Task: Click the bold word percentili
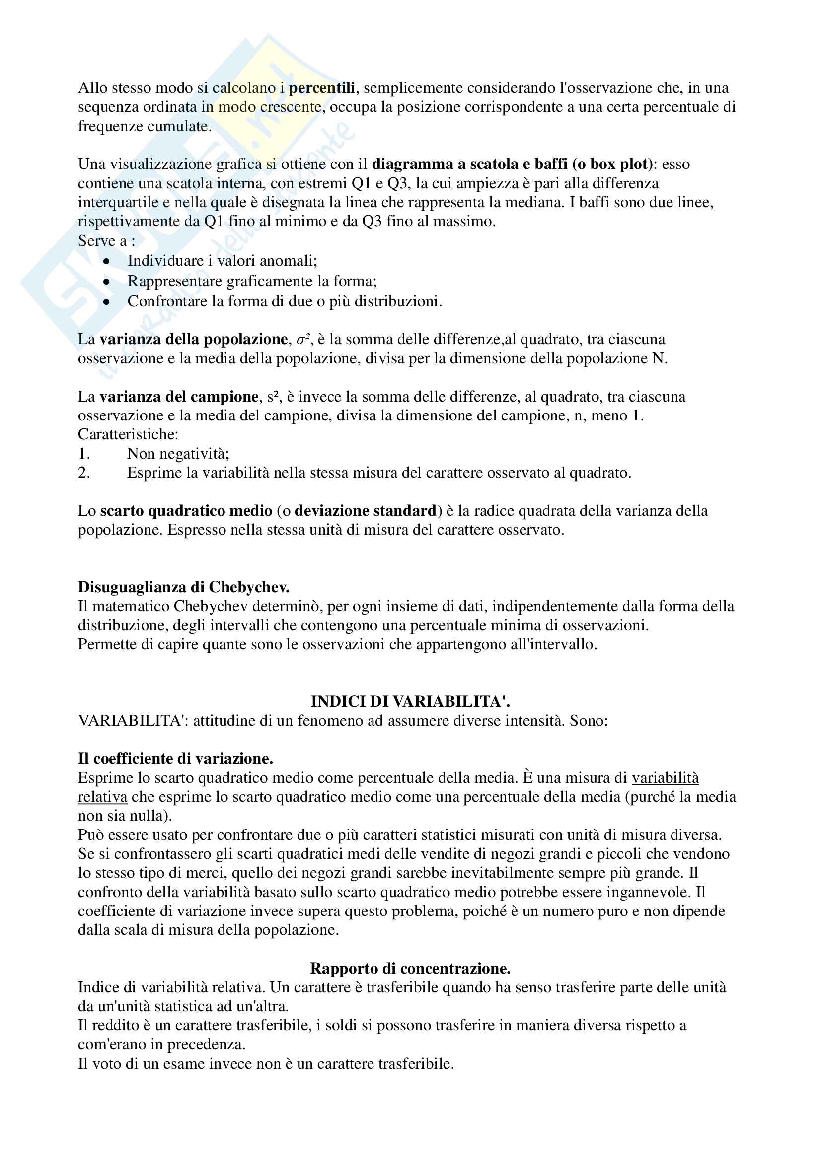(x=322, y=88)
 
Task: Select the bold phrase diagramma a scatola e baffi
(x=470, y=164)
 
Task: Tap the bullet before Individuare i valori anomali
(x=106, y=261)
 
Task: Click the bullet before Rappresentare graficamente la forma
(x=106, y=282)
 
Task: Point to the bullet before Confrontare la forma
(x=106, y=302)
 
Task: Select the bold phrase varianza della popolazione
(x=193, y=339)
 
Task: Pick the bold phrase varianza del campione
(x=179, y=396)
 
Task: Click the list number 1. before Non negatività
(x=84, y=453)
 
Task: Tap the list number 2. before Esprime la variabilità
(x=84, y=473)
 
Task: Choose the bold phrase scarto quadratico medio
(x=186, y=510)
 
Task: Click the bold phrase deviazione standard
(x=365, y=510)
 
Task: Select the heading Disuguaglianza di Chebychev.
(x=184, y=587)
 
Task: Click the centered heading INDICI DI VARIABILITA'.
(x=410, y=701)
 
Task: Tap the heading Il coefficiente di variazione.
(x=175, y=758)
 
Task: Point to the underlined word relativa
(x=103, y=797)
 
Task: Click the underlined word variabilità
(x=665, y=778)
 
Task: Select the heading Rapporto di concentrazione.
(x=410, y=968)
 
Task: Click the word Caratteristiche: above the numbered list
(x=128, y=434)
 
